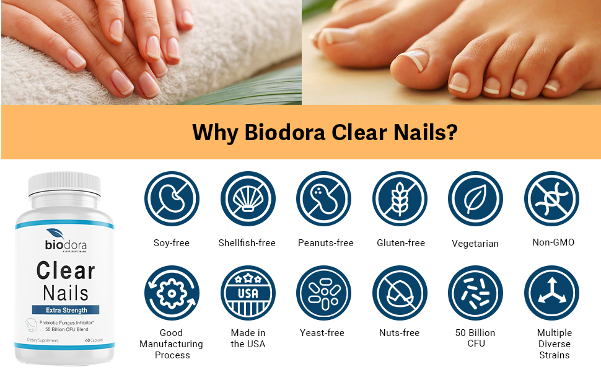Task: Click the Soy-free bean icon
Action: click(172, 199)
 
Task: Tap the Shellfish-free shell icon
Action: click(247, 199)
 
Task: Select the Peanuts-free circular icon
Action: click(323, 199)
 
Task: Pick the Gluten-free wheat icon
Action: click(400, 199)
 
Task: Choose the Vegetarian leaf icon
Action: click(475, 199)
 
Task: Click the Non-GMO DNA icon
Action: click(551, 199)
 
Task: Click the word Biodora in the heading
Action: click(284, 133)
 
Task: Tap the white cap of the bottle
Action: click(64, 187)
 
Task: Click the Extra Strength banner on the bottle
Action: click(66, 310)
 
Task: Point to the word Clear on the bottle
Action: click(66, 270)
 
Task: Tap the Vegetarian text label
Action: click(475, 244)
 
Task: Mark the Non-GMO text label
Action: click(553, 242)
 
